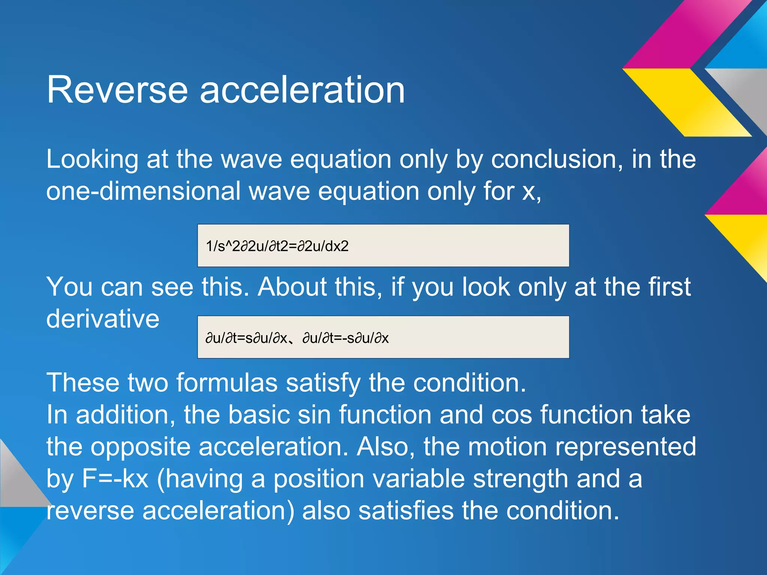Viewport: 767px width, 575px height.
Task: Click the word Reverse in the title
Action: tap(117, 90)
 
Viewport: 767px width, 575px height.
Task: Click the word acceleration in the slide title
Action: tap(302, 90)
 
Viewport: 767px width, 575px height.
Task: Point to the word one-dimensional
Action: tap(143, 191)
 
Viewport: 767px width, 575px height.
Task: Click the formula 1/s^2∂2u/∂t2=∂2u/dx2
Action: tap(277, 246)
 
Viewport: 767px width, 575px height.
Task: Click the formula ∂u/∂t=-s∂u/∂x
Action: tap(345, 338)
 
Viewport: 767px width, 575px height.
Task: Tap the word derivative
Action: tap(103, 319)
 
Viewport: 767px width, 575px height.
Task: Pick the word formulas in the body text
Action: tap(227, 383)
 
